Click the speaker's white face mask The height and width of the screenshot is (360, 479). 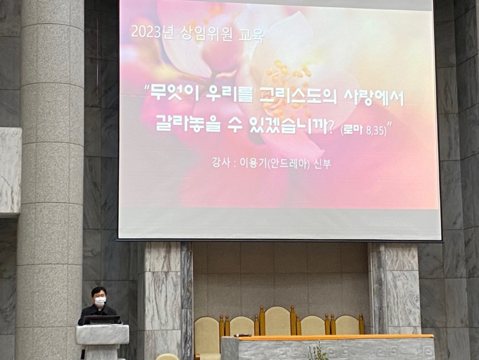100,302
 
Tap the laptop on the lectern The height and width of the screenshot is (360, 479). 102,320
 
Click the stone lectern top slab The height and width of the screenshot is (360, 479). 103,334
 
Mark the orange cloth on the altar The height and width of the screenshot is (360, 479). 335,337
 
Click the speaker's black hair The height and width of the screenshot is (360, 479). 99,290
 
